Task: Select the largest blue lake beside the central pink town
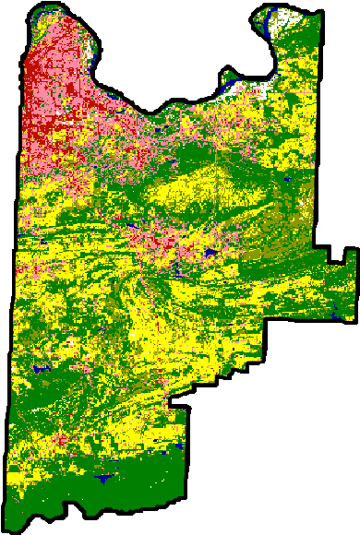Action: point(211,251)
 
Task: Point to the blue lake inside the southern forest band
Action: point(105,478)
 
